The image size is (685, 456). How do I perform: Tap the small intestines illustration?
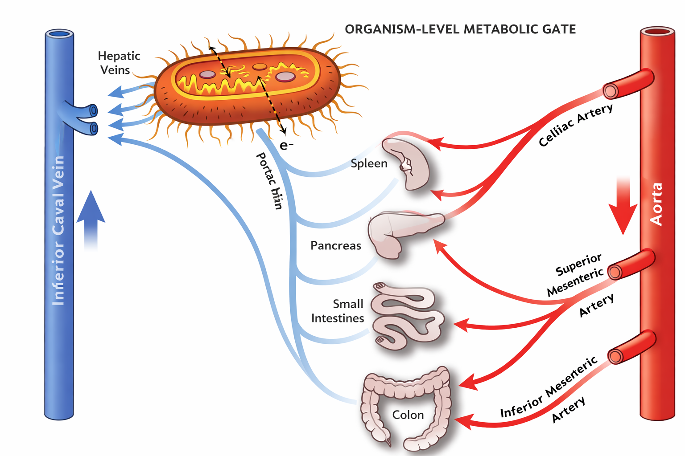406,317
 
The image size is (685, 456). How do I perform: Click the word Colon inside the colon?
408,415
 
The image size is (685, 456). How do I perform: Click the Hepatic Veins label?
118,63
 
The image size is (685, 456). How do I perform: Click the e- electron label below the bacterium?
286,145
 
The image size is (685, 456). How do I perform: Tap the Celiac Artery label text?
575,125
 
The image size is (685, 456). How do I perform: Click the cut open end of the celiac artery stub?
611,91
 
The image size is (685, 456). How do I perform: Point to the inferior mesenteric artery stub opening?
615,356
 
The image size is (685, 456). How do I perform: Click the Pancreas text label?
335,245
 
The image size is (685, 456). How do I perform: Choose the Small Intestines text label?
338,311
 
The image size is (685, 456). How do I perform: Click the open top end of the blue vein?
59,34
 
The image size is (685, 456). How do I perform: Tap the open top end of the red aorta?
657,32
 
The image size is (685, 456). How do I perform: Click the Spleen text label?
369,163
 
